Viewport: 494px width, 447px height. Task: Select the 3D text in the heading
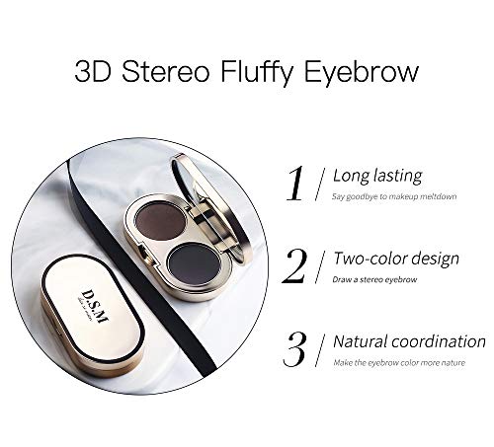tap(93, 72)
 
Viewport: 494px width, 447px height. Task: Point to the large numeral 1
tap(293, 184)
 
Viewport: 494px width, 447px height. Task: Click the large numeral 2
tap(294, 266)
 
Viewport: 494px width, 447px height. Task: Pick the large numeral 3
tap(294, 350)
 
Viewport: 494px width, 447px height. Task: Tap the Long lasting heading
tap(376, 177)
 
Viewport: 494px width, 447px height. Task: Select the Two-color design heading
tap(395, 260)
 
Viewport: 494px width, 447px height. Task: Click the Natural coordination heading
tap(408, 342)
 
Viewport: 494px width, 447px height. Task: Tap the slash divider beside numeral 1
tap(319, 185)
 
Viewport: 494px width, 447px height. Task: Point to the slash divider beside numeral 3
tap(319, 351)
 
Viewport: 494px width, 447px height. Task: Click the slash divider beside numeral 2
tap(319, 267)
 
